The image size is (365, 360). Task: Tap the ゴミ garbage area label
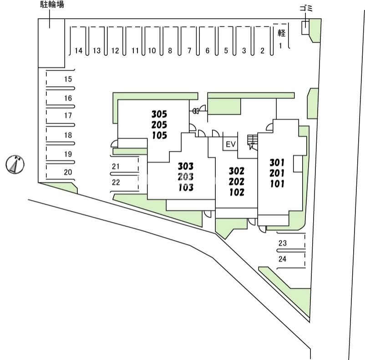pos(305,9)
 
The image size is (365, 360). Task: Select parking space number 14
pos(79,50)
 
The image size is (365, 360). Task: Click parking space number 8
pos(170,50)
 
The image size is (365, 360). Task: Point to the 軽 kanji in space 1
pos(281,33)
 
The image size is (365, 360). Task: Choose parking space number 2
pos(262,50)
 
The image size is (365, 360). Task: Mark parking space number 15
pos(68,79)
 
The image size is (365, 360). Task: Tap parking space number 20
pos(68,172)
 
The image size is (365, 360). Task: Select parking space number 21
pos(116,166)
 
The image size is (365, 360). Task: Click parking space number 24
pos(282,259)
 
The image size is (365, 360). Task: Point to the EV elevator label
pos(231,145)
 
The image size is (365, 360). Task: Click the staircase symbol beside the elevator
pos(252,141)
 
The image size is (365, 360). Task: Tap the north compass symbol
pos(15,164)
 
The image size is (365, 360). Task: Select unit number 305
pos(159,114)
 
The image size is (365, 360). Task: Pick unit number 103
pos(186,187)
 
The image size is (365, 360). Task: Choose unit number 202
pos(237,181)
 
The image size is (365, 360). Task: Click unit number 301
pos(277,162)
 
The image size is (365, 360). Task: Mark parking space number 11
pos(134,50)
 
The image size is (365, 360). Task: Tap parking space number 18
pos(68,135)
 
